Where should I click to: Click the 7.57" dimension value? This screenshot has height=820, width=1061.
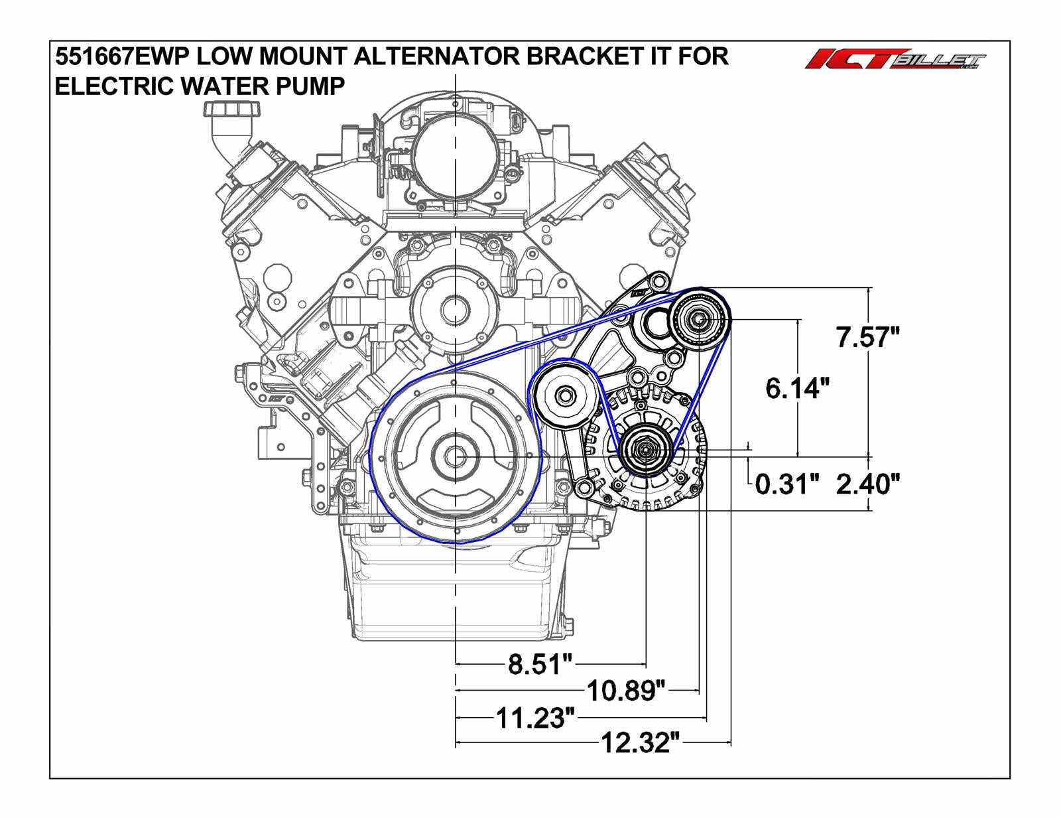867,338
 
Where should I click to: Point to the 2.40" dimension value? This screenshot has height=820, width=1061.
867,484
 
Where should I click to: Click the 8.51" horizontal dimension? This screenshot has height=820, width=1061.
539,664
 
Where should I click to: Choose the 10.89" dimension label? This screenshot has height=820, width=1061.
625,691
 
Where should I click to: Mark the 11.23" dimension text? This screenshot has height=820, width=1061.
534,718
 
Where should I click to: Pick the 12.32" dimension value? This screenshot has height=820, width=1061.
640,744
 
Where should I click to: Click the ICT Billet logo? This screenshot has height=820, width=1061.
895,60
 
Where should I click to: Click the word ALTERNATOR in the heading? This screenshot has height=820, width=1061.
437,57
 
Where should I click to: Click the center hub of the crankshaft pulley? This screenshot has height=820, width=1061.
456,457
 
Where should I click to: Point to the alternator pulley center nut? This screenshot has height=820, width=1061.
645,451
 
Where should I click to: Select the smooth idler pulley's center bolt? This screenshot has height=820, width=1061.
565,397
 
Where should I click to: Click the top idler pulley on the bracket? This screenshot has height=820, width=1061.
698,319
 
